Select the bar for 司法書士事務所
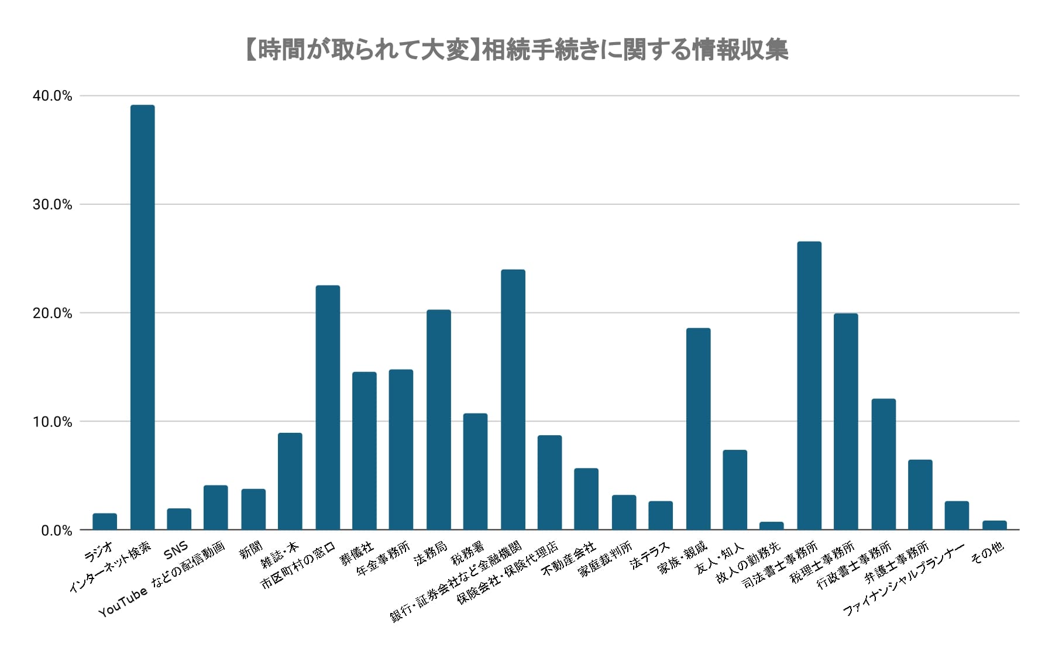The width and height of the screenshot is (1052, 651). [x=809, y=386]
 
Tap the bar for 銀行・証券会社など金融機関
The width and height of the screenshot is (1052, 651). [x=513, y=400]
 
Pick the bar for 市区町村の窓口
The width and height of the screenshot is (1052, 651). [x=328, y=408]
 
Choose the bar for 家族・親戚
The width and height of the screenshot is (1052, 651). [x=698, y=429]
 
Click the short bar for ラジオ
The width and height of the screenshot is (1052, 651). [x=105, y=522]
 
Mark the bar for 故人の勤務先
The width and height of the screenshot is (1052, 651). [x=772, y=526]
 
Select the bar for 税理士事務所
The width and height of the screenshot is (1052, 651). [x=846, y=422]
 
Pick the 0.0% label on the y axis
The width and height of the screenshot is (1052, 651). [x=56, y=531]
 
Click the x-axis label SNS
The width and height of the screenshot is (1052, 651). [x=176, y=549]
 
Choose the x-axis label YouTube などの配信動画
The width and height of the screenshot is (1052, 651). [x=162, y=580]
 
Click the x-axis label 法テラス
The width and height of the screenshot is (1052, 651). [x=649, y=556]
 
